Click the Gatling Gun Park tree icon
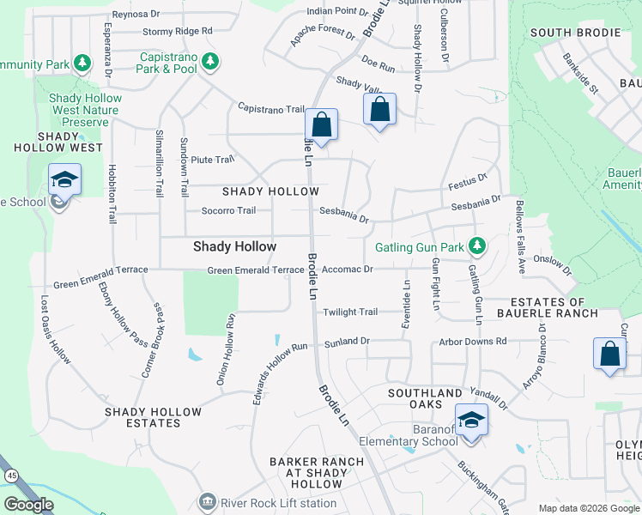point(478,247)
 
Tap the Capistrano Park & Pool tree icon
point(208,61)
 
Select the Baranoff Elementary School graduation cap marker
point(470,420)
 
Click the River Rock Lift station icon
point(207,501)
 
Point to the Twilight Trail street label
point(349,312)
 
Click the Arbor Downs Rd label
point(472,342)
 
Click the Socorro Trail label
point(228,210)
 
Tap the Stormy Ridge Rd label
point(177,31)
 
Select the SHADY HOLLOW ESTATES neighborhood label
point(153,417)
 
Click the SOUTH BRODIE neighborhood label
point(575,33)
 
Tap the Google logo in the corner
point(28,505)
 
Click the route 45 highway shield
point(11,475)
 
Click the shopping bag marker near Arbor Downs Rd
point(609,354)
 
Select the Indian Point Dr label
point(336,12)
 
